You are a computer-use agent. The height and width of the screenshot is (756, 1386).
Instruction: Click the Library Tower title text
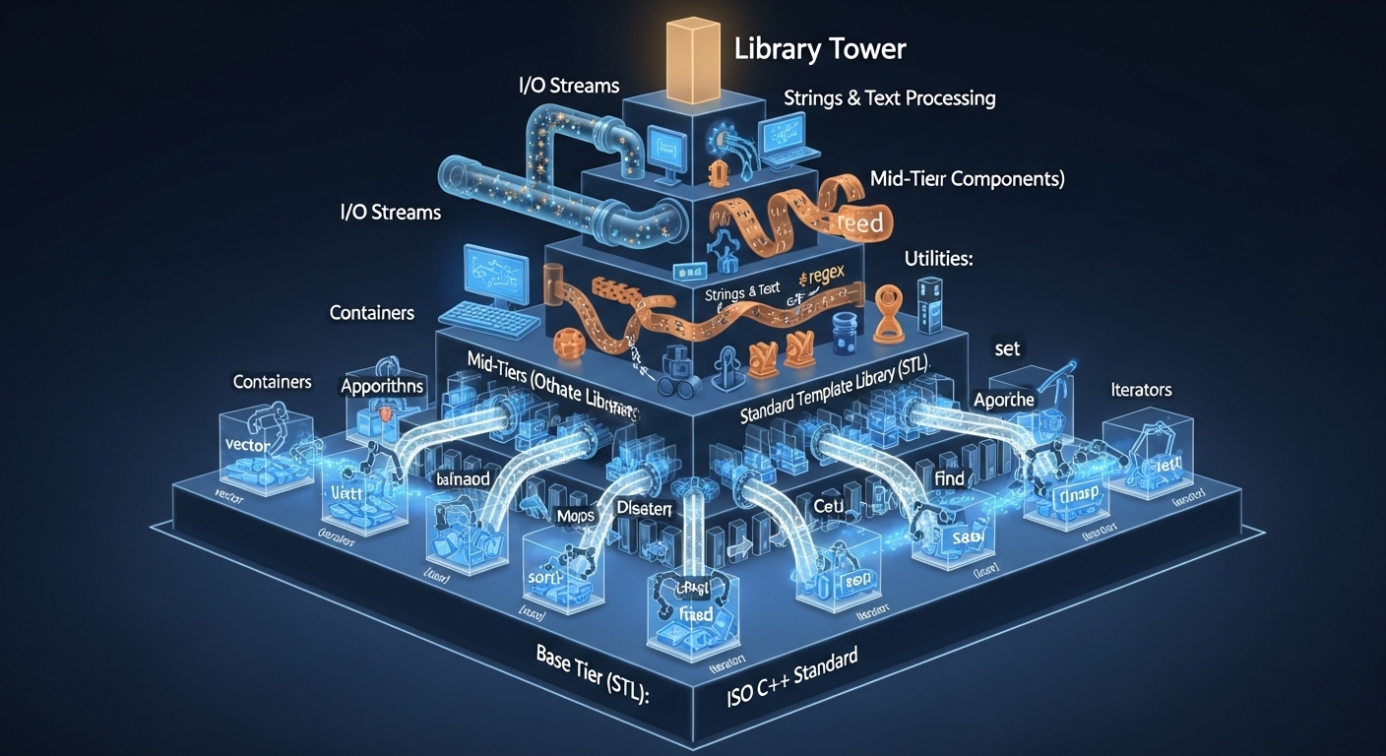tap(819, 49)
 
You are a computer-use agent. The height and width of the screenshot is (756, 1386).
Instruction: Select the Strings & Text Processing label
tap(889, 98)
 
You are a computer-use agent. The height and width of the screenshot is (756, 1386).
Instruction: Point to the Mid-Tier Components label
tap(968, 179)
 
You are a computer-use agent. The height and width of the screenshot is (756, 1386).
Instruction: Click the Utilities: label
tap(937, 260)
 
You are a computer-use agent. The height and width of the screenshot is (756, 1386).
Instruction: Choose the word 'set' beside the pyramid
tap(1007, 348)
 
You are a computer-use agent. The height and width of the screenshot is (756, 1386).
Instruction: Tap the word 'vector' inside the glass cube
tap(248, 444)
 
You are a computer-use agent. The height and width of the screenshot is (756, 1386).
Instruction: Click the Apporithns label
tap(382, 386)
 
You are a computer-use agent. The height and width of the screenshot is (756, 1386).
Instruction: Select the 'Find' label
tap(950, 479)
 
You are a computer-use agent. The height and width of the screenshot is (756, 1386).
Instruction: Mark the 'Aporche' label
tap(1003, 400)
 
